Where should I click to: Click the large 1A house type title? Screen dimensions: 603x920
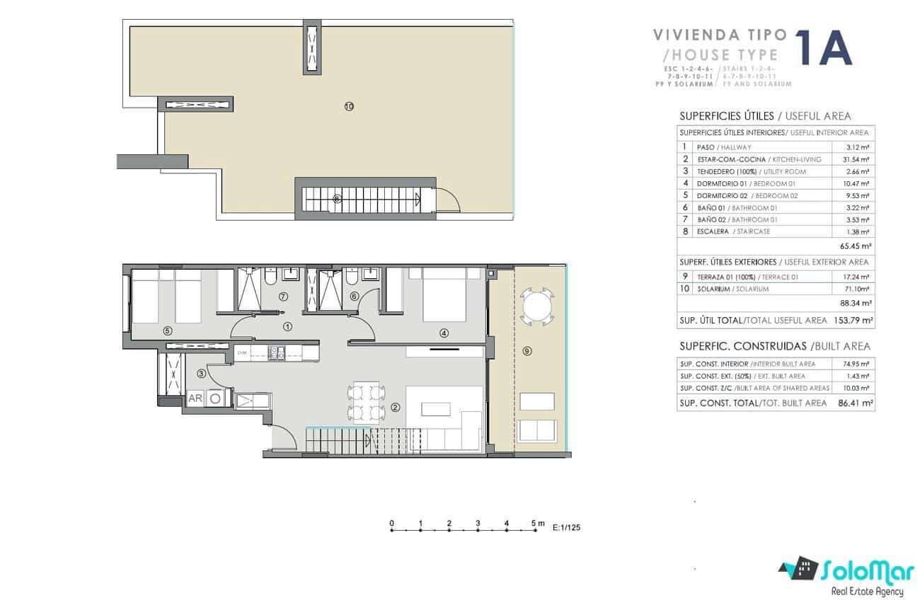[823, 49]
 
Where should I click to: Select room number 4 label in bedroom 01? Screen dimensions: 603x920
[444, 332]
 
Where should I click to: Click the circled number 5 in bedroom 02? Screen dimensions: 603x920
[168, 330]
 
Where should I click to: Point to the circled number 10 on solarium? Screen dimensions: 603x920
[348, 107]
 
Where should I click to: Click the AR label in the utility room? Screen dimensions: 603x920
[195, 398]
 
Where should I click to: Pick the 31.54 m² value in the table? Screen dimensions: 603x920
[858, 159]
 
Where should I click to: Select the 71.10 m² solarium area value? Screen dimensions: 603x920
[858, 289]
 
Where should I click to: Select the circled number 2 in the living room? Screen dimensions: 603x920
[395, 407]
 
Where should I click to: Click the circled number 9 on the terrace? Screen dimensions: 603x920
[527, 350]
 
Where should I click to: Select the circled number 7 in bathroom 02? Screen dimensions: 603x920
[283, 296]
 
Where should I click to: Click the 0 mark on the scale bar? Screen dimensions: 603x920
[392, 524]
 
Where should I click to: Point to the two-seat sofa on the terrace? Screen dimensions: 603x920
[537, 429]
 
